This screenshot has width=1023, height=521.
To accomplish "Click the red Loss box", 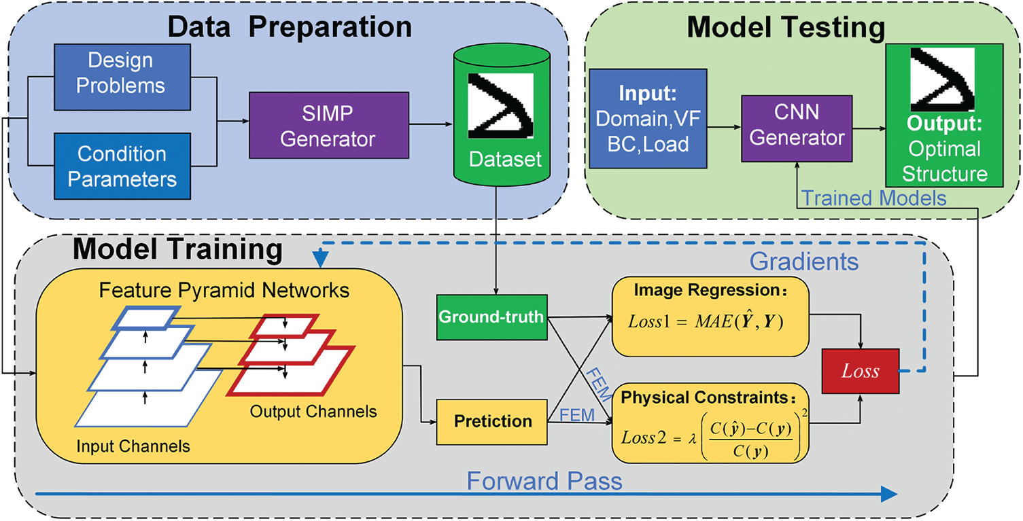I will click(x=860, y=371).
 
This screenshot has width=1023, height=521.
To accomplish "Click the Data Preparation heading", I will click(x=290, y=27).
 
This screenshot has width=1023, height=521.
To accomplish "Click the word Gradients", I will click(x=805, y=261).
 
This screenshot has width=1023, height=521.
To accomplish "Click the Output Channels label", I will click(x=313, y=411).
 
